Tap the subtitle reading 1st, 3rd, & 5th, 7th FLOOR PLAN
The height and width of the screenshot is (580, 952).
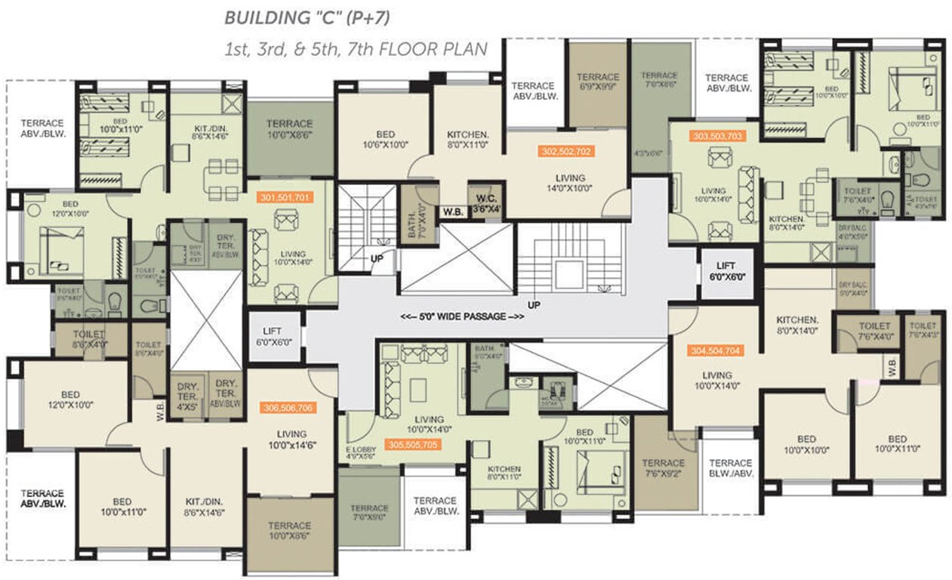click(x=356, y=49)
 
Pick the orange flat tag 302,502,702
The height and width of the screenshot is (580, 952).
click(x=565, y=151)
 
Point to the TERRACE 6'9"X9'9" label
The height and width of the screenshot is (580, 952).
click(x=597, y=82)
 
